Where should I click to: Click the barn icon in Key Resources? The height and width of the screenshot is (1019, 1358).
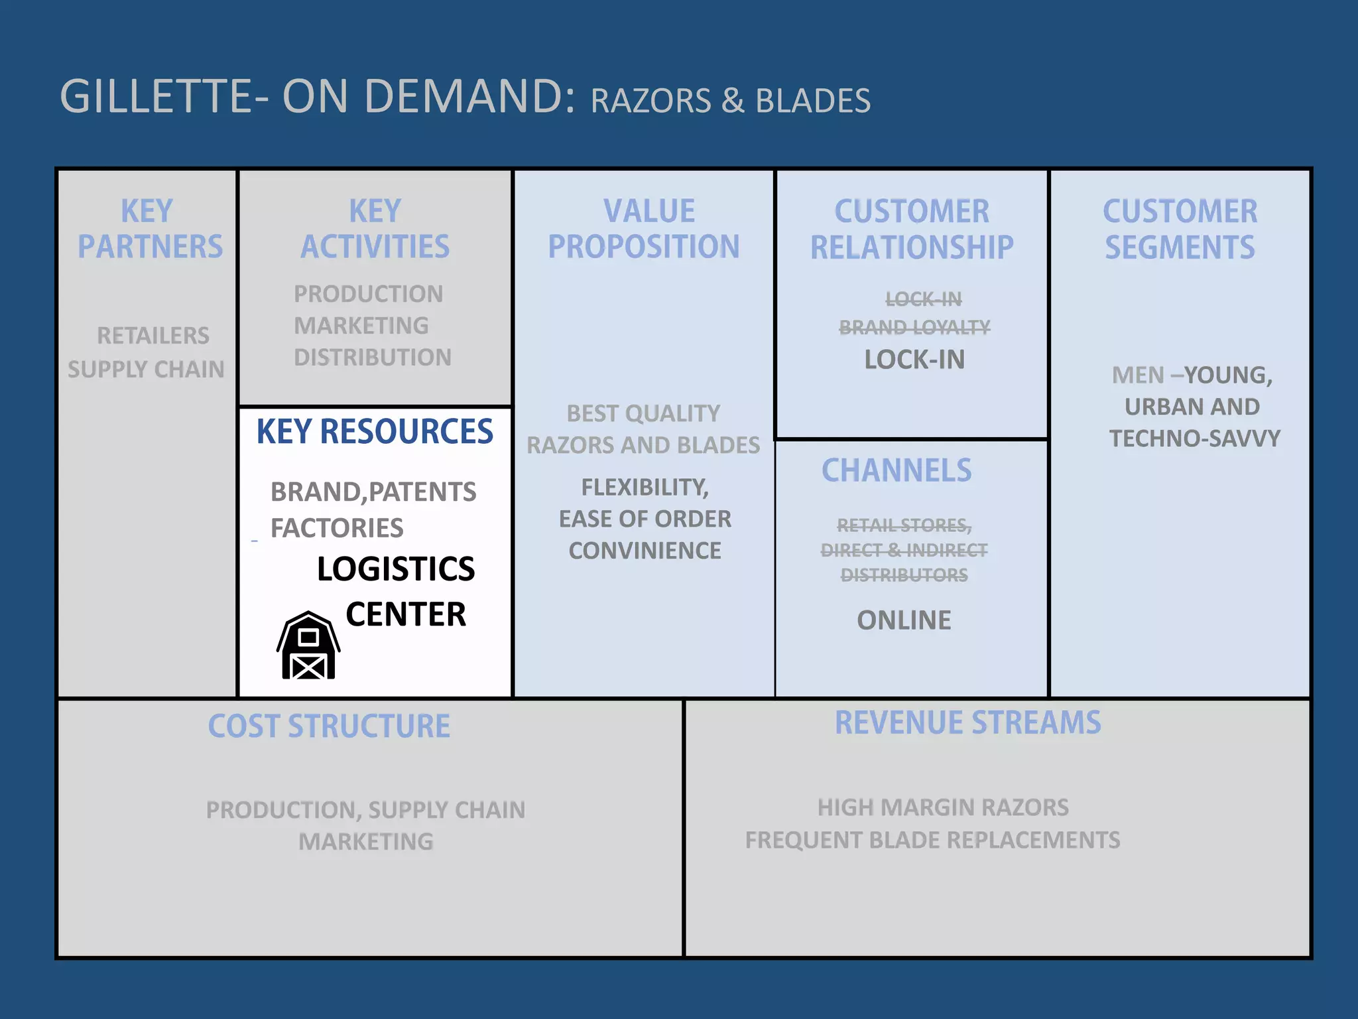tap(308, 645)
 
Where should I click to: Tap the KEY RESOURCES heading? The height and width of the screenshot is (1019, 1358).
tap(375, 432)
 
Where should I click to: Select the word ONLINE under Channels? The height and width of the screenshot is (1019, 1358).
tap(904, 620)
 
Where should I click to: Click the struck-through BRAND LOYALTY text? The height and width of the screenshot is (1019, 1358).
tap(914, 327)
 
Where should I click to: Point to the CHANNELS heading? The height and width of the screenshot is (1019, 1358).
tap(896, 470)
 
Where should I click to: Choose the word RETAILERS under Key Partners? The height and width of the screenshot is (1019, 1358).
tap(153, 336)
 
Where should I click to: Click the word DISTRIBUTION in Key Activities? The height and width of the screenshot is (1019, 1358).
tap(373, 358)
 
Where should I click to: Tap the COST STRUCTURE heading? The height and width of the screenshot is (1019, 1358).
tap(329, 726)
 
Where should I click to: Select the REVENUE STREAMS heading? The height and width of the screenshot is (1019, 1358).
tap(967, 722)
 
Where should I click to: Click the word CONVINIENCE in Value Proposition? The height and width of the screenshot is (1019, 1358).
tap(645, 551)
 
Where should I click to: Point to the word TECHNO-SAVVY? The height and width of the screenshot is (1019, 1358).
tap(1195, 439)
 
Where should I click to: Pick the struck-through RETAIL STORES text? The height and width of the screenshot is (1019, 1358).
tap(904, 525)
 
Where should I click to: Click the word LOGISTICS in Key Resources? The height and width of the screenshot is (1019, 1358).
tap(396, 569)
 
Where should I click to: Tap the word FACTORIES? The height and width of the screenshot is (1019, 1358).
tap(337, 528)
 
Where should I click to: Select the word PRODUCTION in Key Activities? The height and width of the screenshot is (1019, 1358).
tap(369, 294)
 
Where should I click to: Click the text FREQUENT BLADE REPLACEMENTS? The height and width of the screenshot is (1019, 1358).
tap(932, 840)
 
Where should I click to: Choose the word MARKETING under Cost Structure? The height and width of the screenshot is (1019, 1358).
tap(366, 842)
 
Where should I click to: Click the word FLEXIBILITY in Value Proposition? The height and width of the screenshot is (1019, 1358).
tap(645, 488)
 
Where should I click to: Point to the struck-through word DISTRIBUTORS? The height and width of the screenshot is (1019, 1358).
tap(904, 575)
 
